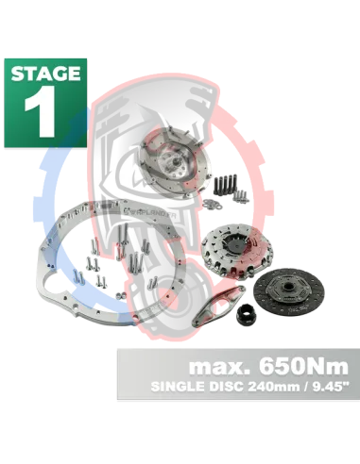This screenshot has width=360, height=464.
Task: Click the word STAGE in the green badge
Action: point(45,74)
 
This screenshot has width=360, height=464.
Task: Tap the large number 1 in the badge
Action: point(41,111)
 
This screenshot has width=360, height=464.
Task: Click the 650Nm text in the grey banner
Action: point(304,366)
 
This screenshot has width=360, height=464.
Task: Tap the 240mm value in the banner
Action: point(273,387)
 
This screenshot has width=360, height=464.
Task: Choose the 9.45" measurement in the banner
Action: point(328,386)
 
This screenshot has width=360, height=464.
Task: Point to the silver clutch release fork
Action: point(218,305)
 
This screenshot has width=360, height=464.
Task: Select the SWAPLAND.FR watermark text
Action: point(144,209)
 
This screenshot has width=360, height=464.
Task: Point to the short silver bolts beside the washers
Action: point(241,196)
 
